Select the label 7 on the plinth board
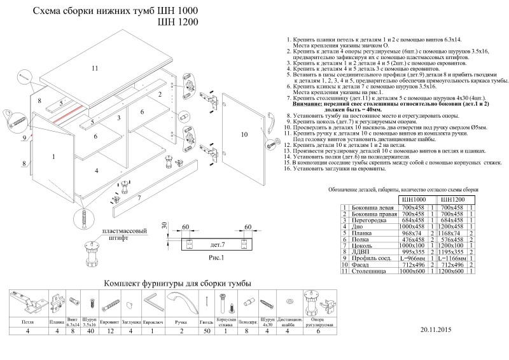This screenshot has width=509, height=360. click(138, 198)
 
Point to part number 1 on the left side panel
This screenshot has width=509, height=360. click(54, 156)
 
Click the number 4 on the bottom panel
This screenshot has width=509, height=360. click(97, 170)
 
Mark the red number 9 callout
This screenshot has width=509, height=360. click(24, 137)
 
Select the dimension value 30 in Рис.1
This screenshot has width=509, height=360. click(164, 226)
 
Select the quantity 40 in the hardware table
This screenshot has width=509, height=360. click(90, 331)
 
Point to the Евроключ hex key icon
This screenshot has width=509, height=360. click(151, 301)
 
